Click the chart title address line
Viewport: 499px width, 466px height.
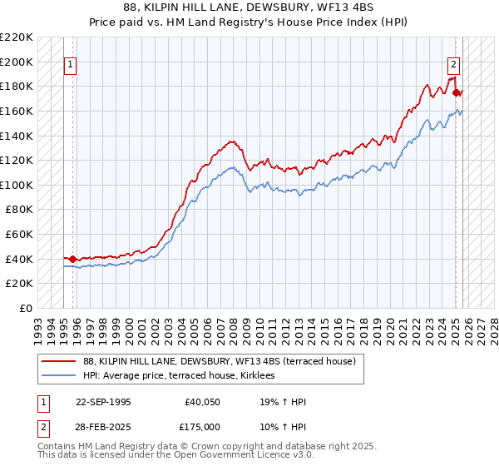point(249,8)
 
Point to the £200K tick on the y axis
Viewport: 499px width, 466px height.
point(17,62)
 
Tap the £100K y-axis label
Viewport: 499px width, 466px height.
point(17,185)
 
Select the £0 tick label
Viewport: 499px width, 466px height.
point(26,308)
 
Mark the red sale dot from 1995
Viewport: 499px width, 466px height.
point(73,259)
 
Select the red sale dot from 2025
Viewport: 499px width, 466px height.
point(457,92)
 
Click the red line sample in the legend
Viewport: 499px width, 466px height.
point(59,361)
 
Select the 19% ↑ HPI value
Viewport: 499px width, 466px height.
point(283,403)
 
